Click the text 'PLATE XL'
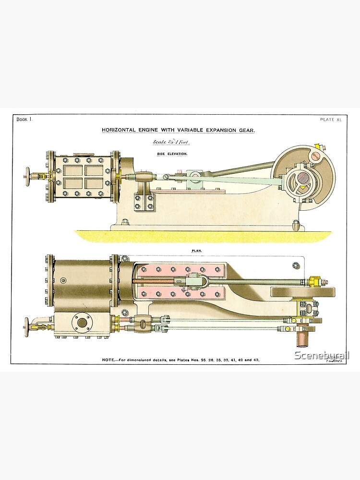331,120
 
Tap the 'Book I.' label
24,119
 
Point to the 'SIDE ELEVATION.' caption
171,154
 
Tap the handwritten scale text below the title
171,142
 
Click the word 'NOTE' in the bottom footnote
108,360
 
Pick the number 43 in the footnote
256,360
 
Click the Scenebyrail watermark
322,355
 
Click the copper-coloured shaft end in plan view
303,339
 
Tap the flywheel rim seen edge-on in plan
302,291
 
